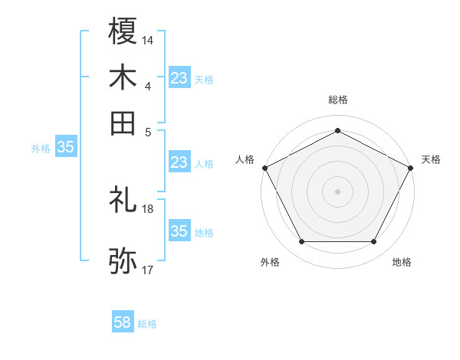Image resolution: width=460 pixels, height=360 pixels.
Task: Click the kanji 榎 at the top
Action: pos(123,31)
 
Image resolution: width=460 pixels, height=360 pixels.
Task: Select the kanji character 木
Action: pos(123,77)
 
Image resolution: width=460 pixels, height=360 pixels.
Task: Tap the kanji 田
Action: pos(123,123)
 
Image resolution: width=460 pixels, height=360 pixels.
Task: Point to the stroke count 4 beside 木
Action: pos(148,85)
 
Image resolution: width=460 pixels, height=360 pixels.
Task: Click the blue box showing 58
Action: pos(123,323)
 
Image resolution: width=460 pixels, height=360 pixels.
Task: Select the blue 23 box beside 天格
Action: pos(179,77)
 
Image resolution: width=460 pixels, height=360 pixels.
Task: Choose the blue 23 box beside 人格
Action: pos(179,162)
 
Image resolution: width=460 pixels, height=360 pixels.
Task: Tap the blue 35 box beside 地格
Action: pos(179,231)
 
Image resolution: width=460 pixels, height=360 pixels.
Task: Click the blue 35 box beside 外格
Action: pos(65,148)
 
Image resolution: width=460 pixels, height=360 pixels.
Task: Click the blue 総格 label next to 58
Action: pos(147,324)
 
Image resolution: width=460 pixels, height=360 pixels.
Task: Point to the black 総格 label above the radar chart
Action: pos(337,100)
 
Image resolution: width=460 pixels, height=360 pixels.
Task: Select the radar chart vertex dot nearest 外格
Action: pos(301,242)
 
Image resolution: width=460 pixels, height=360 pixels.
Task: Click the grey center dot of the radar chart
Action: pos(337,191)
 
